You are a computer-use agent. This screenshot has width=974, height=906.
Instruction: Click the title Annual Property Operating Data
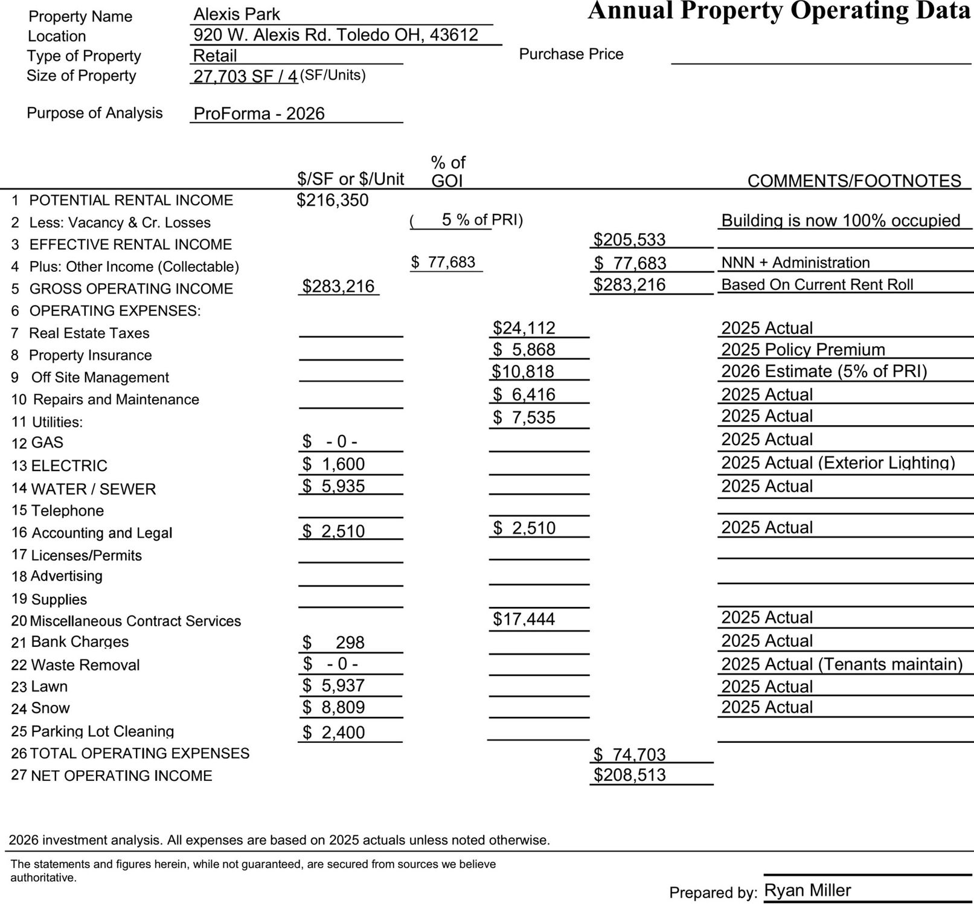779,11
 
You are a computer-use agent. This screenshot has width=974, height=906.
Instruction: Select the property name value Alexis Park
237,14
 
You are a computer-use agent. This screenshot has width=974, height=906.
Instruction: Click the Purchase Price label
571,54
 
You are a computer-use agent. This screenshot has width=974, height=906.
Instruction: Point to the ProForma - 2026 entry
259,114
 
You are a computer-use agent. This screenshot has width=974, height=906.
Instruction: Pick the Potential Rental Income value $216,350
332,201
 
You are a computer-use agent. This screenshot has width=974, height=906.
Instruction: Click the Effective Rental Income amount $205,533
629,240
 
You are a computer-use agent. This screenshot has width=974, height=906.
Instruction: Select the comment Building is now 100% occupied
841,220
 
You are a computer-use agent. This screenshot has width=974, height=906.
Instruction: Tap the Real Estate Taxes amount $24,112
524,328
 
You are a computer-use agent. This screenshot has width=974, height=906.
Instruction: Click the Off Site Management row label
100,377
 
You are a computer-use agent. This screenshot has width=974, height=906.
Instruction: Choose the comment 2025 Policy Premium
803,350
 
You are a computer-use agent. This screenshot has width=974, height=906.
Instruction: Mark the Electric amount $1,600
333,464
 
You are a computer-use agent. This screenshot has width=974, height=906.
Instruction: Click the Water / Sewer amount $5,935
333,486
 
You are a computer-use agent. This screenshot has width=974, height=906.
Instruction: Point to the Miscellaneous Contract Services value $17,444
524,619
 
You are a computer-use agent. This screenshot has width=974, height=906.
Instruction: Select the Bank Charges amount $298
333,643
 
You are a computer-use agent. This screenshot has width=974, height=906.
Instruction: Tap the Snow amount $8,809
333,707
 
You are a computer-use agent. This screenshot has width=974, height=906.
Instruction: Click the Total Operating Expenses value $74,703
629,754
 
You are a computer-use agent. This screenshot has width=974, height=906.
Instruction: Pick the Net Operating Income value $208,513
629,775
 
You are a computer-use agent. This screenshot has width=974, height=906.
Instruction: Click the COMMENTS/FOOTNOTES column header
854,181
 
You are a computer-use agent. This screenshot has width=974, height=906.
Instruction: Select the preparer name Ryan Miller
807,890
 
